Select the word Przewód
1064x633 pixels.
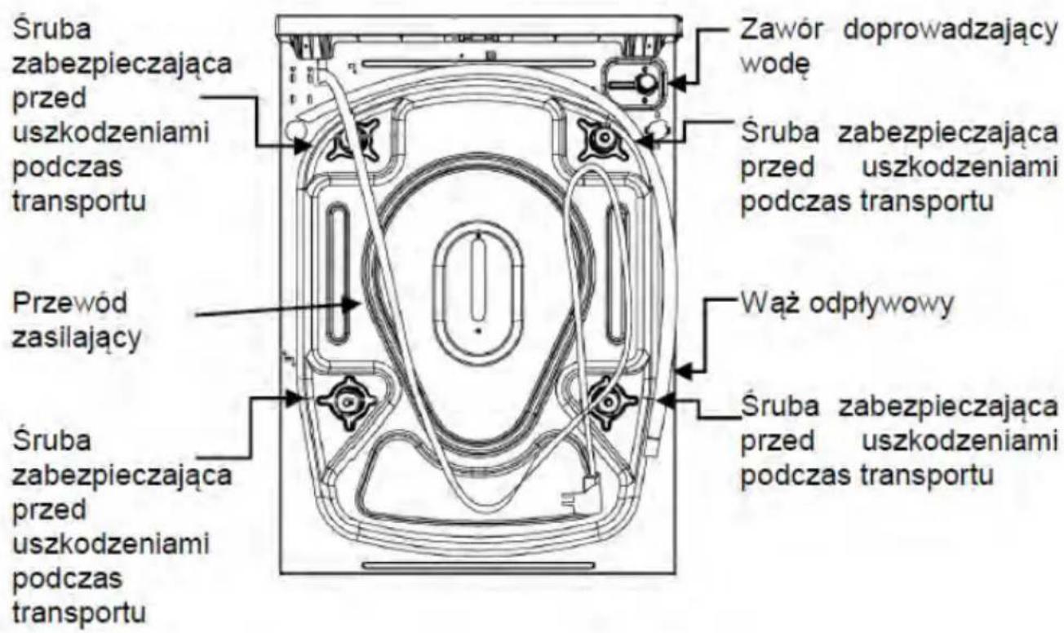(70, 303)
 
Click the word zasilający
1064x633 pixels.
(77, 338)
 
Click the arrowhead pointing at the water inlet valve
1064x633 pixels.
(677, 83)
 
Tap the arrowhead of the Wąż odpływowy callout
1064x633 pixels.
(684, 370)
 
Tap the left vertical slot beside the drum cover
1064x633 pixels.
(338, 274)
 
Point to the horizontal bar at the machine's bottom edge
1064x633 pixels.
(478, 565)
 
